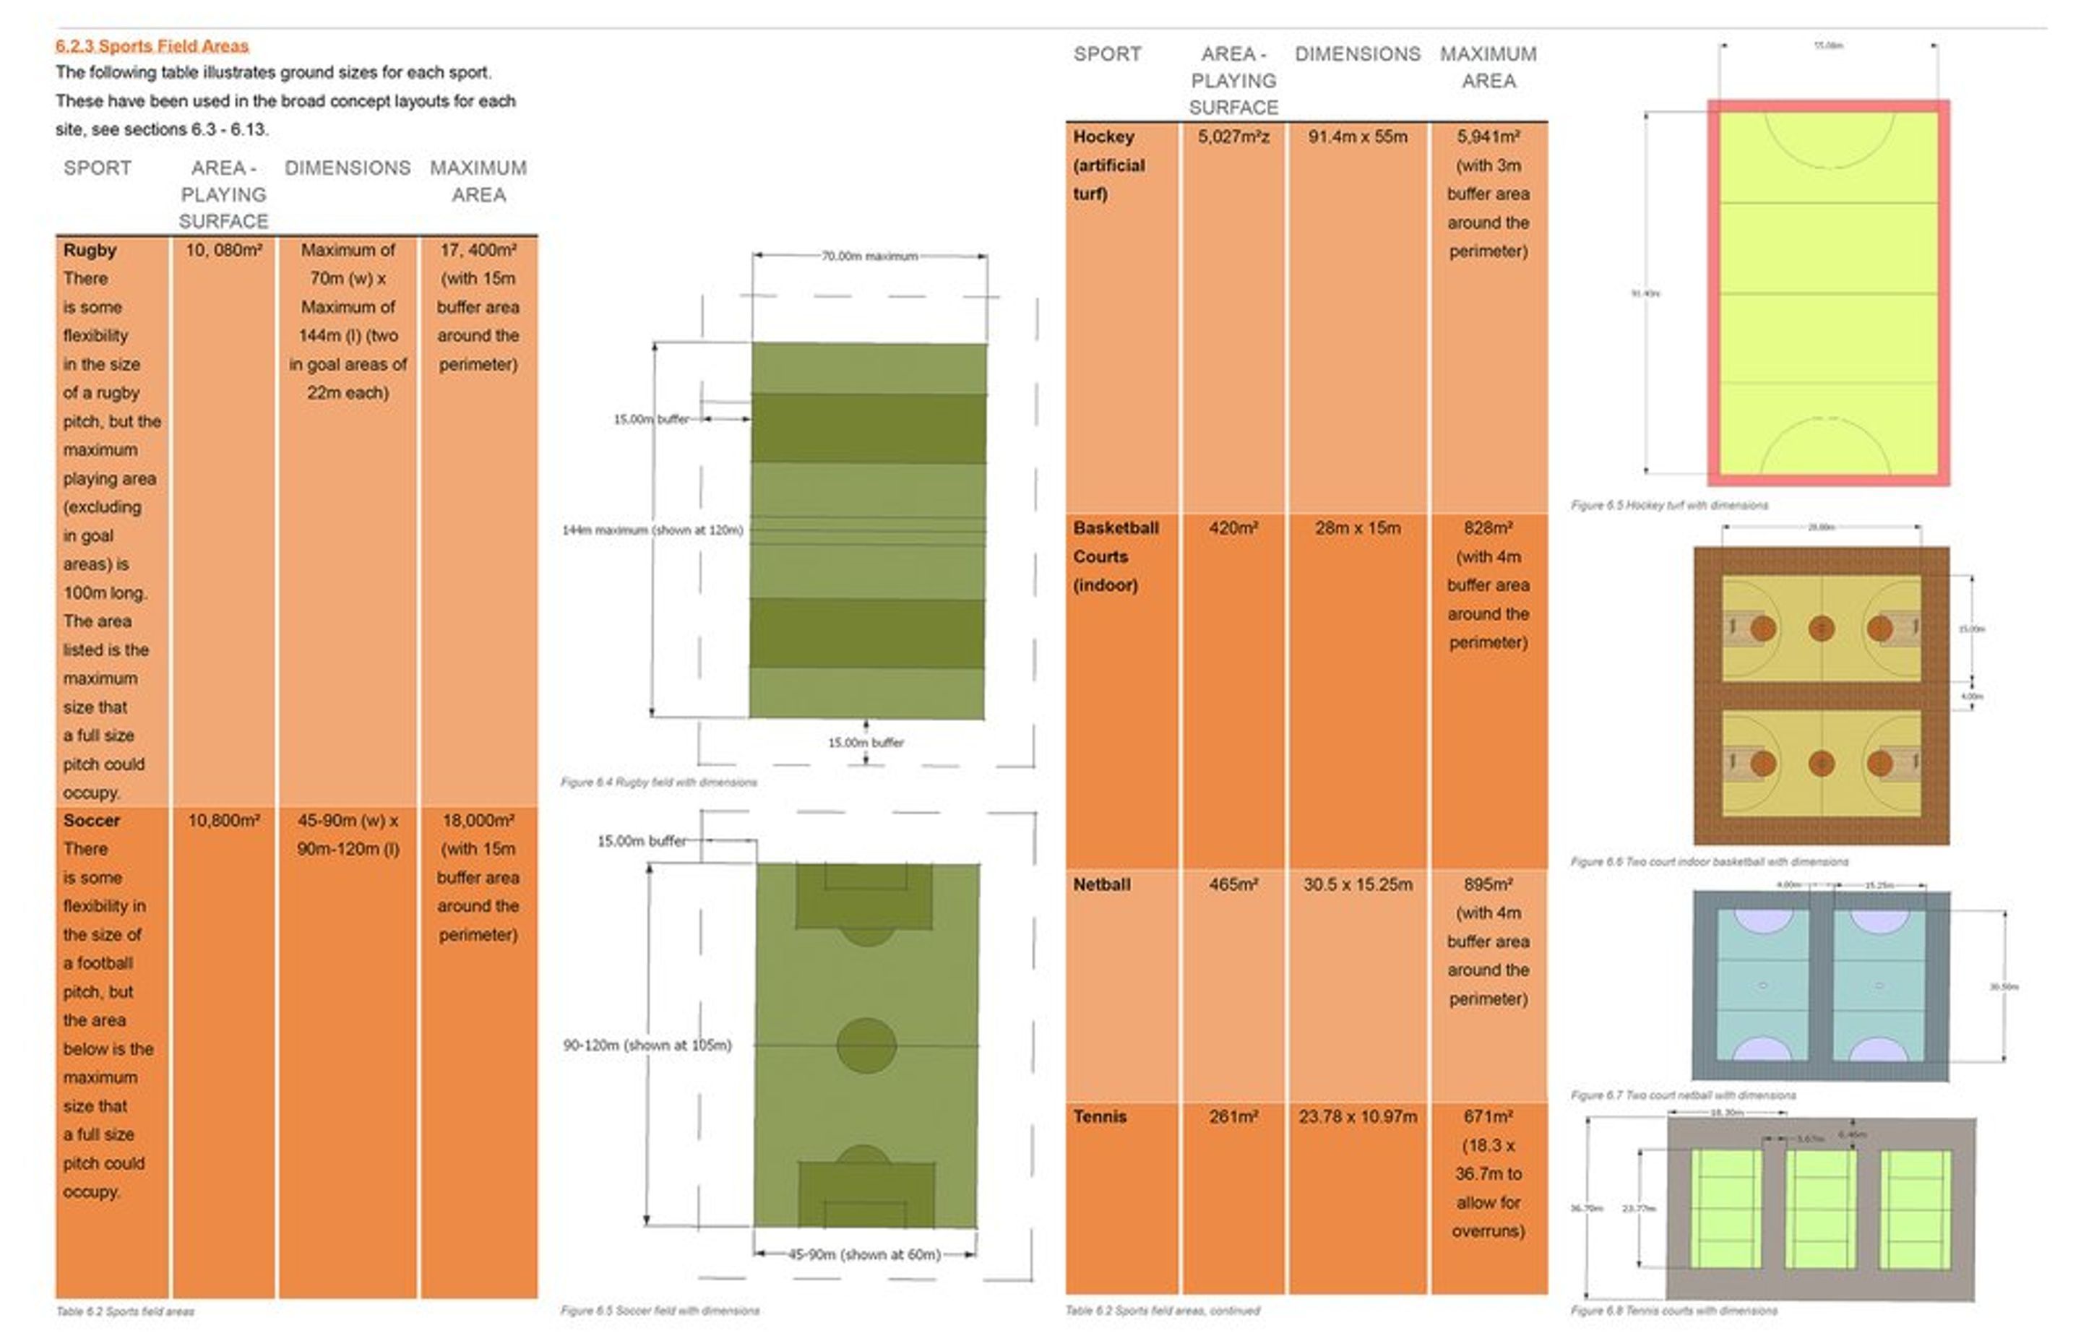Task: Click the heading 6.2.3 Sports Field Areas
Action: (x=152, y=46)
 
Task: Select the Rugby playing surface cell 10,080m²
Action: (x=224, y=250)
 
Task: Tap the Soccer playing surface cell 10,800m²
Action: (x=224, y=820)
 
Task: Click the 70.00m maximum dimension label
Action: (x=869, y=256)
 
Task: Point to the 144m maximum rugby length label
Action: (x=652, y=530)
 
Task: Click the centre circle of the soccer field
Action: (x=866, y=1045)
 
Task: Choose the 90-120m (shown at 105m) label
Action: (x=647, y=1045)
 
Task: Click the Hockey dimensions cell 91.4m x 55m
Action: (x=1358, y=137)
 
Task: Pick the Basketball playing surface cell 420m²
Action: (x=1233, y=527)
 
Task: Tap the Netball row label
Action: (x=1101, y=884)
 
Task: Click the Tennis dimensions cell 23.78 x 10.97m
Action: (x=1358, y=1116)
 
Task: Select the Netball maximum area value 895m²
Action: (x=1488, y=884)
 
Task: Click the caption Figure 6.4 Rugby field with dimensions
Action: (x=658, y=782)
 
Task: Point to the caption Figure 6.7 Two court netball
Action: (x=1682, y=1095)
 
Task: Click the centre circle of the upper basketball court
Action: (x=1822, y=628)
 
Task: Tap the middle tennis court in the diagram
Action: (x=1819, y=1209)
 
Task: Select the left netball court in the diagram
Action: (x=1762, y=985)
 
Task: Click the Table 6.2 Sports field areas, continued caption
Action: (x=1163, y=1310)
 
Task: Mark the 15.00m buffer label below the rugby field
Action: (x=866, y=743)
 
